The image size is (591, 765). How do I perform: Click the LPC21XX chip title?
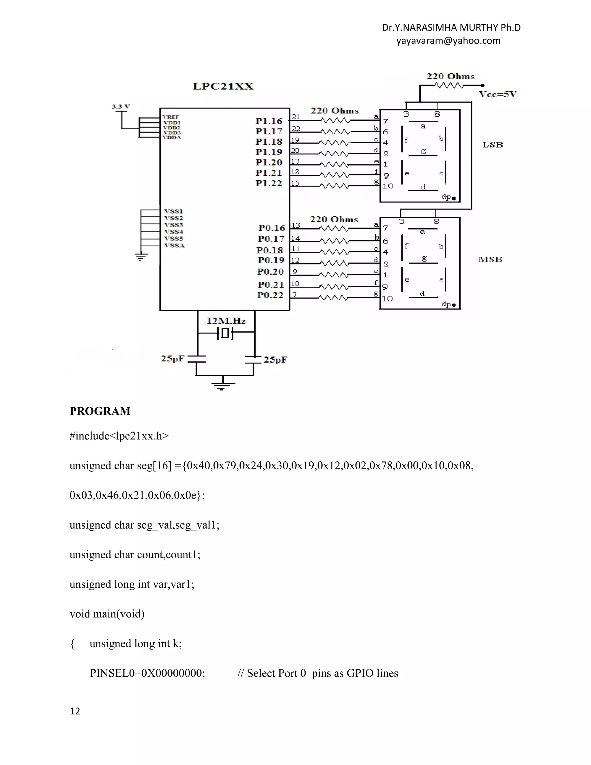(223, 86)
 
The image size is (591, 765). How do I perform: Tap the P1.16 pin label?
(269, 121)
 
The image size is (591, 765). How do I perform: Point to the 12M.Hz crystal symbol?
(225, 333)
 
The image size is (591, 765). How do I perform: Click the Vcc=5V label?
(498, 94)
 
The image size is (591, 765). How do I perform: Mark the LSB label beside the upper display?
(493, 145)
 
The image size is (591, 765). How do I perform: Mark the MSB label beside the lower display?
(490, 260)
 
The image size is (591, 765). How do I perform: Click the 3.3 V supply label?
(121, 106)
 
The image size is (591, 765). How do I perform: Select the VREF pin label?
(171, 117)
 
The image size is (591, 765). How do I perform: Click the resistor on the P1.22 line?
(335, 186)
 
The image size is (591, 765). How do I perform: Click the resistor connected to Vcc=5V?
(448, 85)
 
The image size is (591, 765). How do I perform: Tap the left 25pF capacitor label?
(172, 358)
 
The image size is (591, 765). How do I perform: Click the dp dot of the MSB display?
(454, 305)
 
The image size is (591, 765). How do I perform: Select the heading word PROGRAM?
(100, 411)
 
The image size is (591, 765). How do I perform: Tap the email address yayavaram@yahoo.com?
(448, 41)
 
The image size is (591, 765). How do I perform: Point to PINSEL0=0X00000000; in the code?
(147, 673)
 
